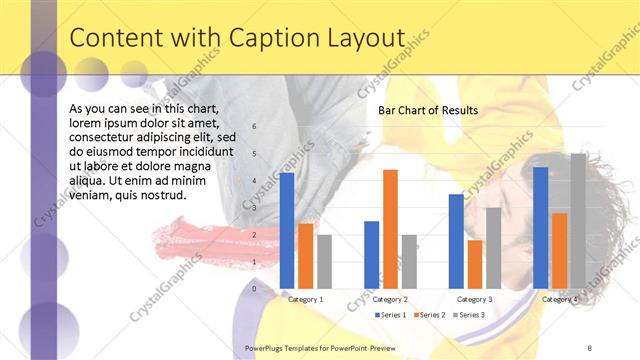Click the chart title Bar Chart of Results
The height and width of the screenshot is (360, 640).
click(427, 110)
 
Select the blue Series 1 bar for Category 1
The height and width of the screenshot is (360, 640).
click(287, 230)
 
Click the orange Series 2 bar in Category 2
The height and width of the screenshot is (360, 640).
click(390, 228)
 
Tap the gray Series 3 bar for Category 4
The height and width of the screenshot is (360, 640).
click(578, 221)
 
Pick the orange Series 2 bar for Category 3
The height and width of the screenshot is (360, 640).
click(475, 264)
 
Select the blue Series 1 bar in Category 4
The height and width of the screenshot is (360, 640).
click(540, 227)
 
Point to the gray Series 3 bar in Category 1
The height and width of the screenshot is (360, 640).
click(324, 261)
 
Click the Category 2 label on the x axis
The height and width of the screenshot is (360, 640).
click(390, 299)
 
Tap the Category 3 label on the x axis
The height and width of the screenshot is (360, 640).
click(475, 299)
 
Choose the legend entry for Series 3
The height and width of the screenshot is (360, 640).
click(469, 315)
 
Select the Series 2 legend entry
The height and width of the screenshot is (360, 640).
click(430, 315)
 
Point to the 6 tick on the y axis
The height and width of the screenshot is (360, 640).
click(254, 127)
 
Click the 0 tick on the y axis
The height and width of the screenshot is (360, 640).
click(254, 289)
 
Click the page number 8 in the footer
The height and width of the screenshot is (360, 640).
click(589, 347)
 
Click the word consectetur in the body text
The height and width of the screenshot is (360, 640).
click(105, 137)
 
